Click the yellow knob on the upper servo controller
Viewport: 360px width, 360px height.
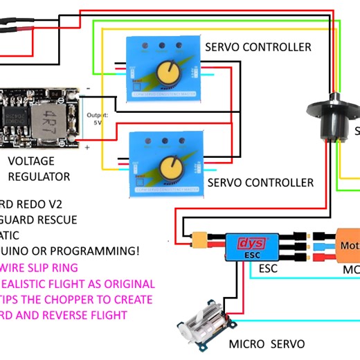coord(165,71)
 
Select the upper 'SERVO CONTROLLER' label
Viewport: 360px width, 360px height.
coord(258,47)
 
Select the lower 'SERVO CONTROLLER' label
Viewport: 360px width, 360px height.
coord(260,183)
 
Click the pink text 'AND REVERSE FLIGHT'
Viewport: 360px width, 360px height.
coord(69,315)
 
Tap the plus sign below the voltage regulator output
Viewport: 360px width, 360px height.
coord(87,147)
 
